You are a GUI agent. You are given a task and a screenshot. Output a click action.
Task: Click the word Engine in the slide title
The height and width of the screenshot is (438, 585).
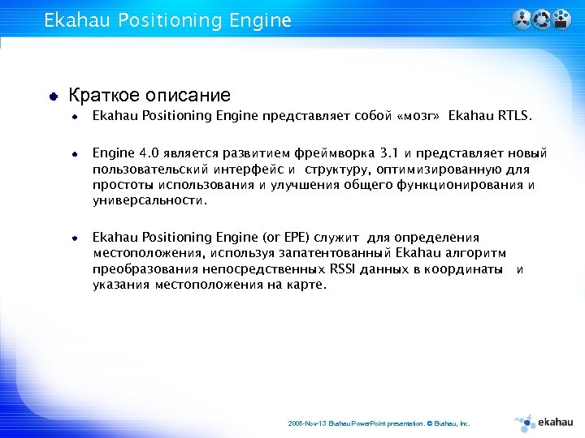pos(259,21)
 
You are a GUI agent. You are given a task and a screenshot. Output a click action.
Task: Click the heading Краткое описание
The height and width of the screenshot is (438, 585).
pos(149,96)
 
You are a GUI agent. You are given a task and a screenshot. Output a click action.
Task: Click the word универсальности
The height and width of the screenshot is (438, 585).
pos(149,200)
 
